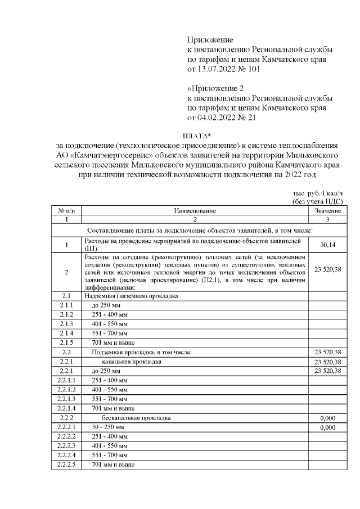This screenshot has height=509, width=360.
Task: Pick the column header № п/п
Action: (66, 210)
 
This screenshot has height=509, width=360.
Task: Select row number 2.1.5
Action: (66, 343)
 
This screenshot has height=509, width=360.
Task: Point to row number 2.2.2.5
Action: (66, 465)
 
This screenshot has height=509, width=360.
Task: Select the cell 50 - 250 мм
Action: (107, 427)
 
